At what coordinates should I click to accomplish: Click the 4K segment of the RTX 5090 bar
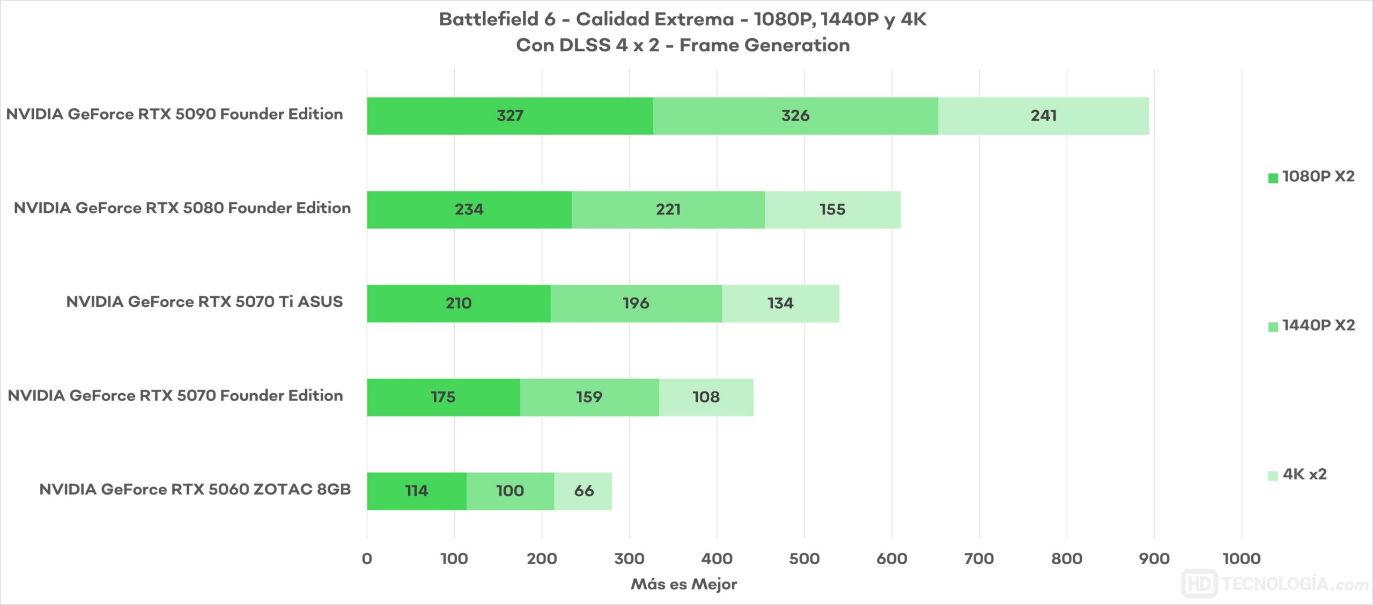pyautogui.click(x=1043, y=116)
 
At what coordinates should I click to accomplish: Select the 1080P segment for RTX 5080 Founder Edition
pyautogui.click(x=469, y=210)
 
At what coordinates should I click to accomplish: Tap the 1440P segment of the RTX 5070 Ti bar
pyautogui.click(x=636, y=304)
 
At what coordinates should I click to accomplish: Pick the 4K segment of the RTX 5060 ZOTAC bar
pyautogui.click(x=583, y=491)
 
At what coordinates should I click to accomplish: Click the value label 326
pyautogui.click(x=795, y=116)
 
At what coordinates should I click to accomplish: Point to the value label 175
pyautogui.click(x=443, y=397)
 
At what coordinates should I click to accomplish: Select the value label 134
pyautogui.click(x=780, y=304)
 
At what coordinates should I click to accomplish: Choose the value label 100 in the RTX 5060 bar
pyautogui.click(x=510, y=491)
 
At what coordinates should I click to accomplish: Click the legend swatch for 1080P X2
pyautogui.click(x=1273, y=178)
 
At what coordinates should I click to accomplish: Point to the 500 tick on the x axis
pyautogui.click(x=804, y=559)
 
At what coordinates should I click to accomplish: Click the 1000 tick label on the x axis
pyautogui.click(x=1241, y=559)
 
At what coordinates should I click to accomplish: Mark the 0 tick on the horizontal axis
pyautogui.click(x=367, y=559)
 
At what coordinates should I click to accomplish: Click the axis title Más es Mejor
pyautogui.click(x=684, y=584)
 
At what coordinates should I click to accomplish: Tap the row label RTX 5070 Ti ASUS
pyautogui.click(x=204, y=302)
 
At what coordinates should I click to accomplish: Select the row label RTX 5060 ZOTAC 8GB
pyautogui.click(x=195, y=490)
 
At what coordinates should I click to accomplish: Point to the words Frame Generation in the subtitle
pyautogui.click(x=764, y=46)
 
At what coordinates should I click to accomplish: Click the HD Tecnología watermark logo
pyautogui.click(x=1274, y=584)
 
